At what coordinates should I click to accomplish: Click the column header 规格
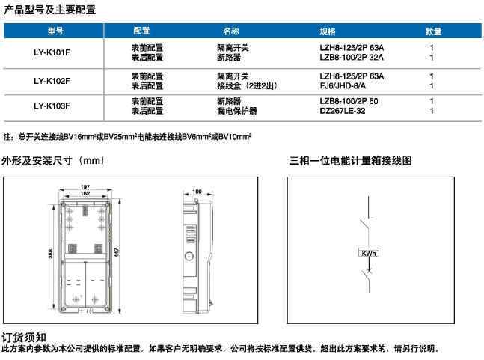pyautogui.click(x=328, y=31)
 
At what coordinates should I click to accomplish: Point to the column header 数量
pyautogui.click(x=434, y=31)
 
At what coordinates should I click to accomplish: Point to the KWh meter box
pyautogui.click(x=368, y=253)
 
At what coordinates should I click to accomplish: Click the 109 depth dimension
pyautogui.click(x=197, y=192)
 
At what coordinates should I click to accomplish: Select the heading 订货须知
pyautogui.click(x=24, y=337)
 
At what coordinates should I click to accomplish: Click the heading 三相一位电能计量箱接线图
pyautogui.click(x=350, y=161)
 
